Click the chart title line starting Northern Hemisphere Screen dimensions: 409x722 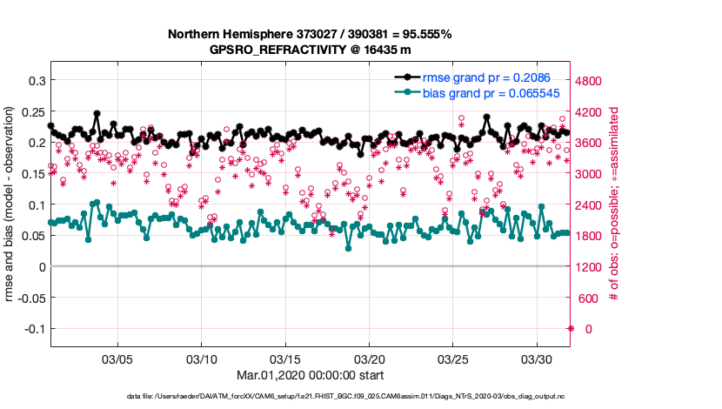[x=310, y=34]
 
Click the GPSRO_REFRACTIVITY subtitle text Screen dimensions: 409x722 [x=310, y=50]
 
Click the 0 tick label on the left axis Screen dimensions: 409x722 [x=40, y=266]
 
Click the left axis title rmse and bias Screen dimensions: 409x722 [x=10, y=204]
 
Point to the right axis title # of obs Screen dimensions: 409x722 [x=613, y=204]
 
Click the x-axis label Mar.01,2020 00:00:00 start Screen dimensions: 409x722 [x=310, y=375]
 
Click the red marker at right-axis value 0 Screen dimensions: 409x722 [x=571, y=328]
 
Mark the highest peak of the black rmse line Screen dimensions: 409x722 [x=97, y=113]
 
